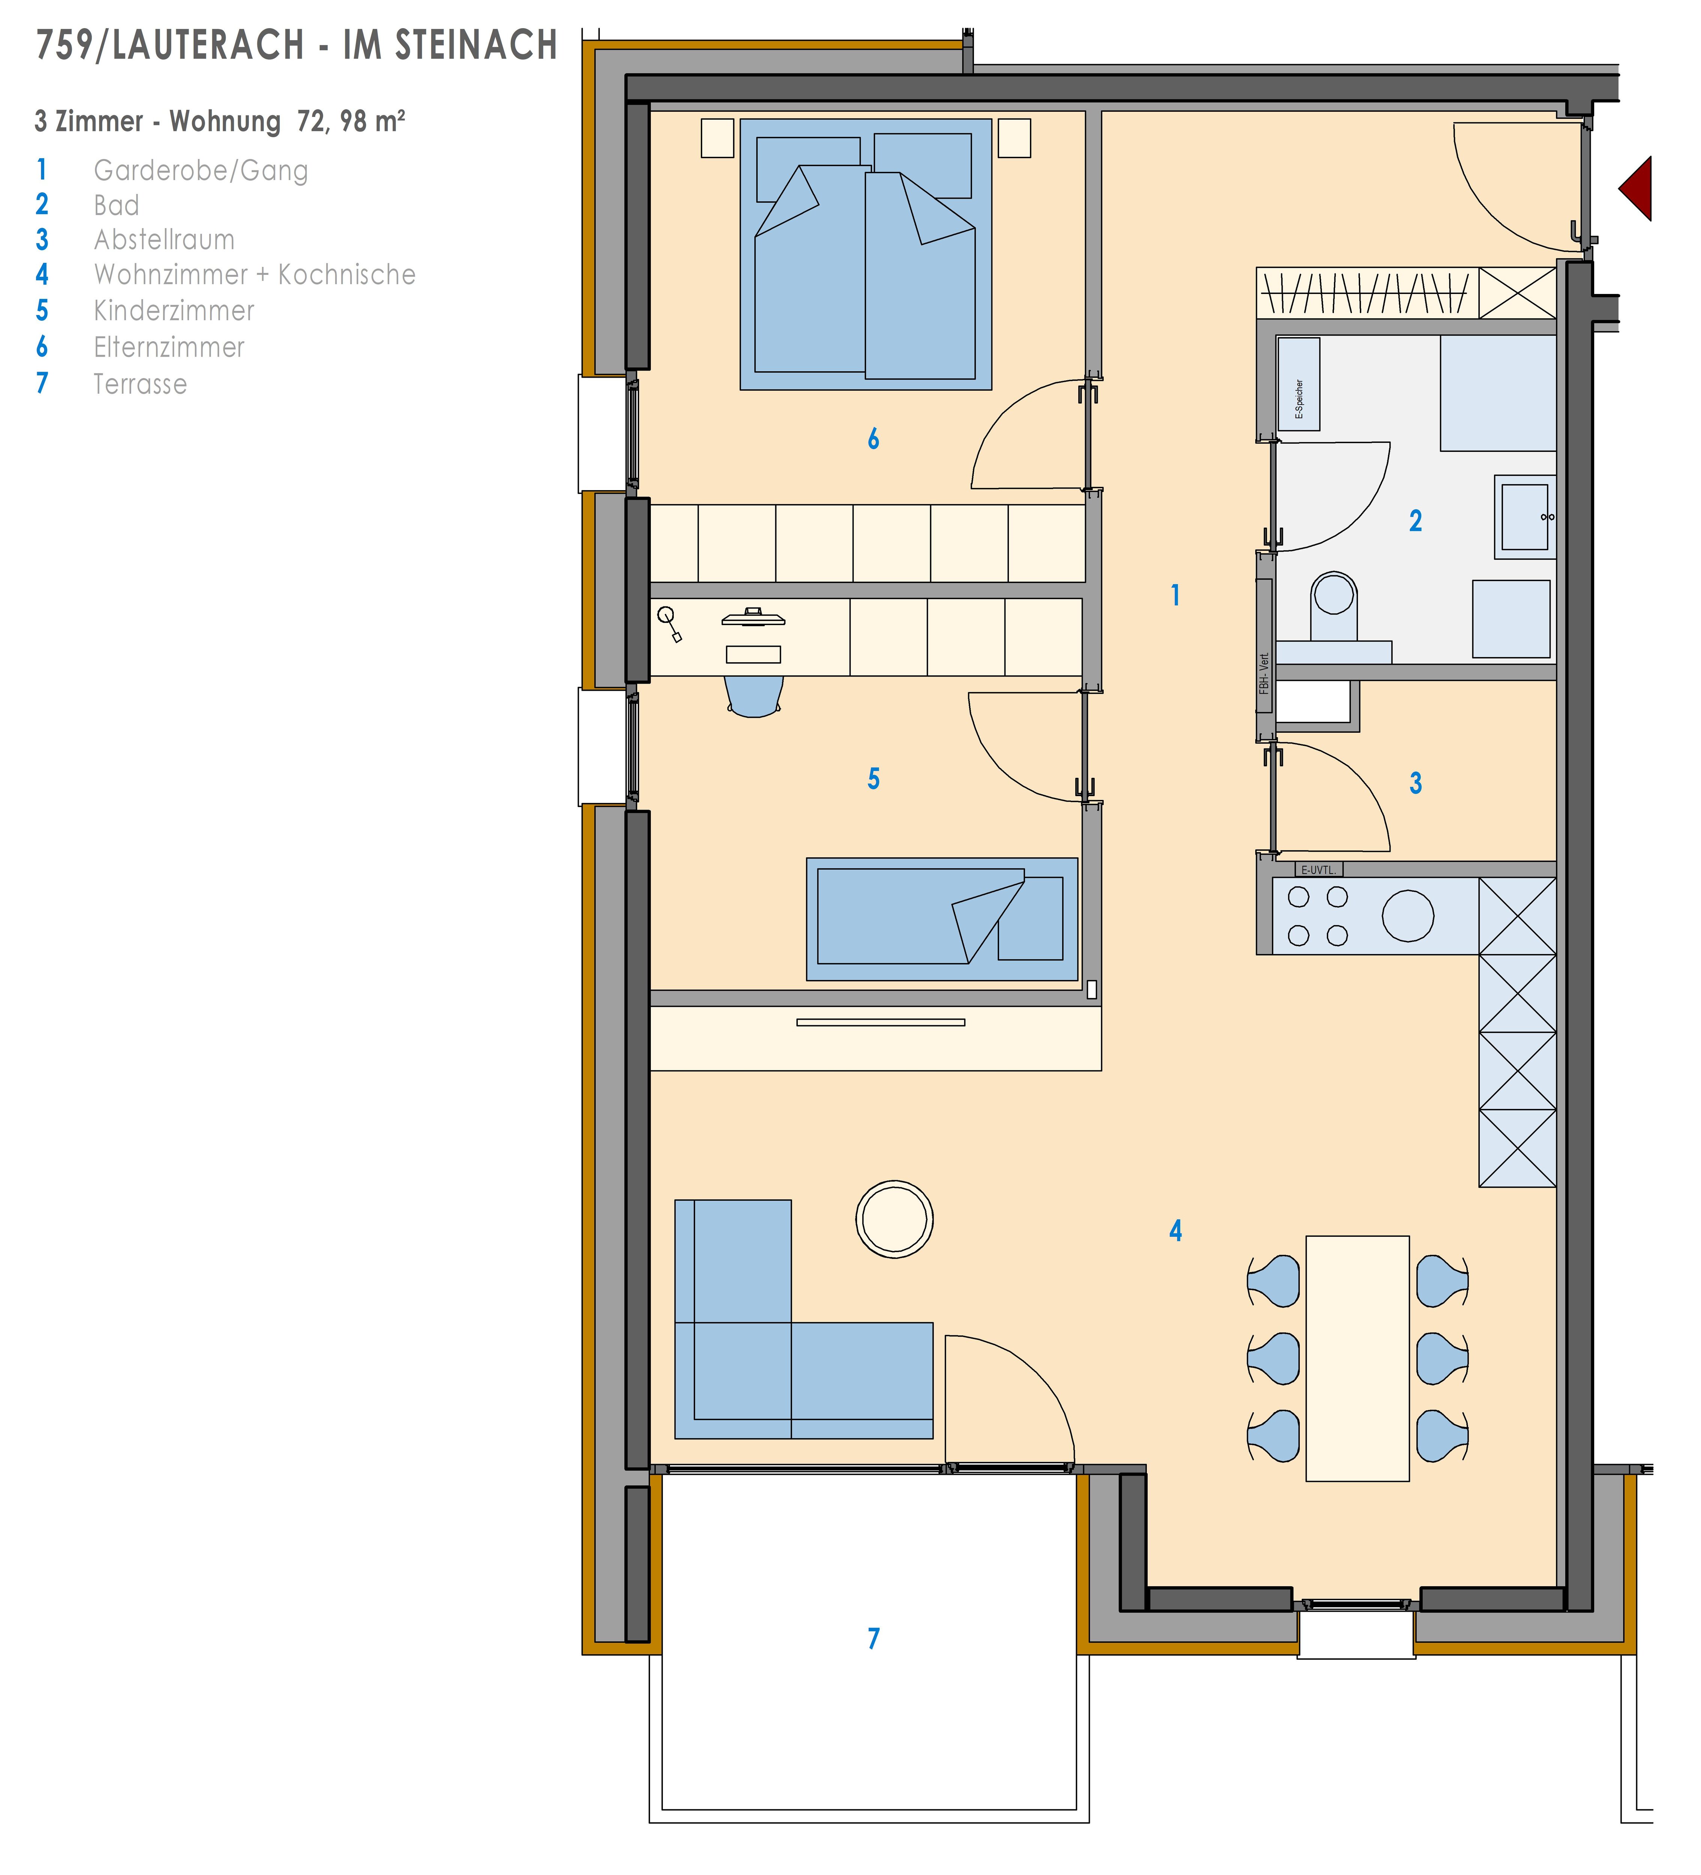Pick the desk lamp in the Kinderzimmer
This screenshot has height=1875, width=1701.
(670, 623)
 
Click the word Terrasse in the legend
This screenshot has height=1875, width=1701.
(141, 384)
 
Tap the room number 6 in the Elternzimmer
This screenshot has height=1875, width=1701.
(873, 439)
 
